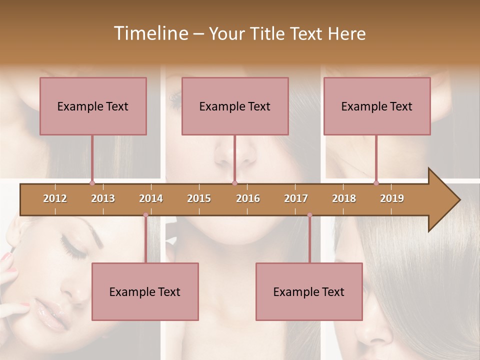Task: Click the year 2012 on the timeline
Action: pos(55,198)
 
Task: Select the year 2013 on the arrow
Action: pos(103,198)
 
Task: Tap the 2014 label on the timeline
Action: pos(151,198)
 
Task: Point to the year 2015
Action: pos(199,198)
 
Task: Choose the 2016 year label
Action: pos(248,198)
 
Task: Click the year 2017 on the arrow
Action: pos(296,198)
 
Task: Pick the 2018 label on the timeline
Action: pos(344,198)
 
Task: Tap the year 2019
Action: pos(392,198)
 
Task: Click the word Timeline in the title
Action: pos(150,33)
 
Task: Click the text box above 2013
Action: pos(93,106)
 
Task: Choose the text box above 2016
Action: pos(235,106)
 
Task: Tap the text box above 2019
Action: pos(377,106)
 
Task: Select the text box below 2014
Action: pos(145,291)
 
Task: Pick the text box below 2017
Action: pos(309,291)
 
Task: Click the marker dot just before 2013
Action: pos(92,183)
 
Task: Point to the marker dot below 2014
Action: pos(145,215)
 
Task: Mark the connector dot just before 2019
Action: pos(376,183)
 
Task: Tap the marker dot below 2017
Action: pos(309,215)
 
